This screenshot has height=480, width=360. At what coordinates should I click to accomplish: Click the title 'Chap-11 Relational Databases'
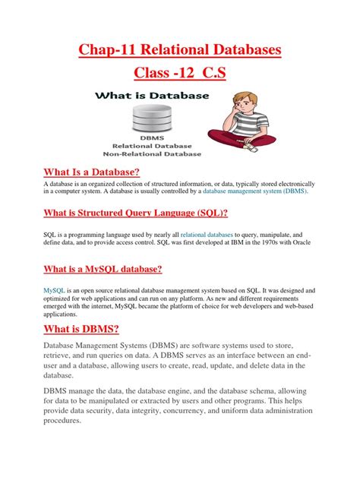180,51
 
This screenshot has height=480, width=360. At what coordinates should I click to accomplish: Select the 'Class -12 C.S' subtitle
180,76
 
